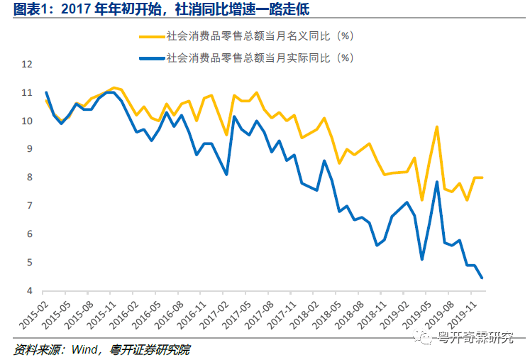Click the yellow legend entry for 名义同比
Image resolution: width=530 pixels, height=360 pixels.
[259, 35]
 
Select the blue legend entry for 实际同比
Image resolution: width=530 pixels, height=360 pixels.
[259, 58]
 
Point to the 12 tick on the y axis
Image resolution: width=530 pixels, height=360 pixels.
[28, 64]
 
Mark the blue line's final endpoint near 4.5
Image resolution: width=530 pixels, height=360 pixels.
[483, 278]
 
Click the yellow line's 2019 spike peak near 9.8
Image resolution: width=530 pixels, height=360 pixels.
[437, 126]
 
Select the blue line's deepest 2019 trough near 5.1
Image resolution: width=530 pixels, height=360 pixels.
[422, 260]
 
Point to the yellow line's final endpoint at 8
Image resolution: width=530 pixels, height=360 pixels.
[483, 178]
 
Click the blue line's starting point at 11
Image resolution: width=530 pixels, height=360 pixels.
[46, 92]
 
